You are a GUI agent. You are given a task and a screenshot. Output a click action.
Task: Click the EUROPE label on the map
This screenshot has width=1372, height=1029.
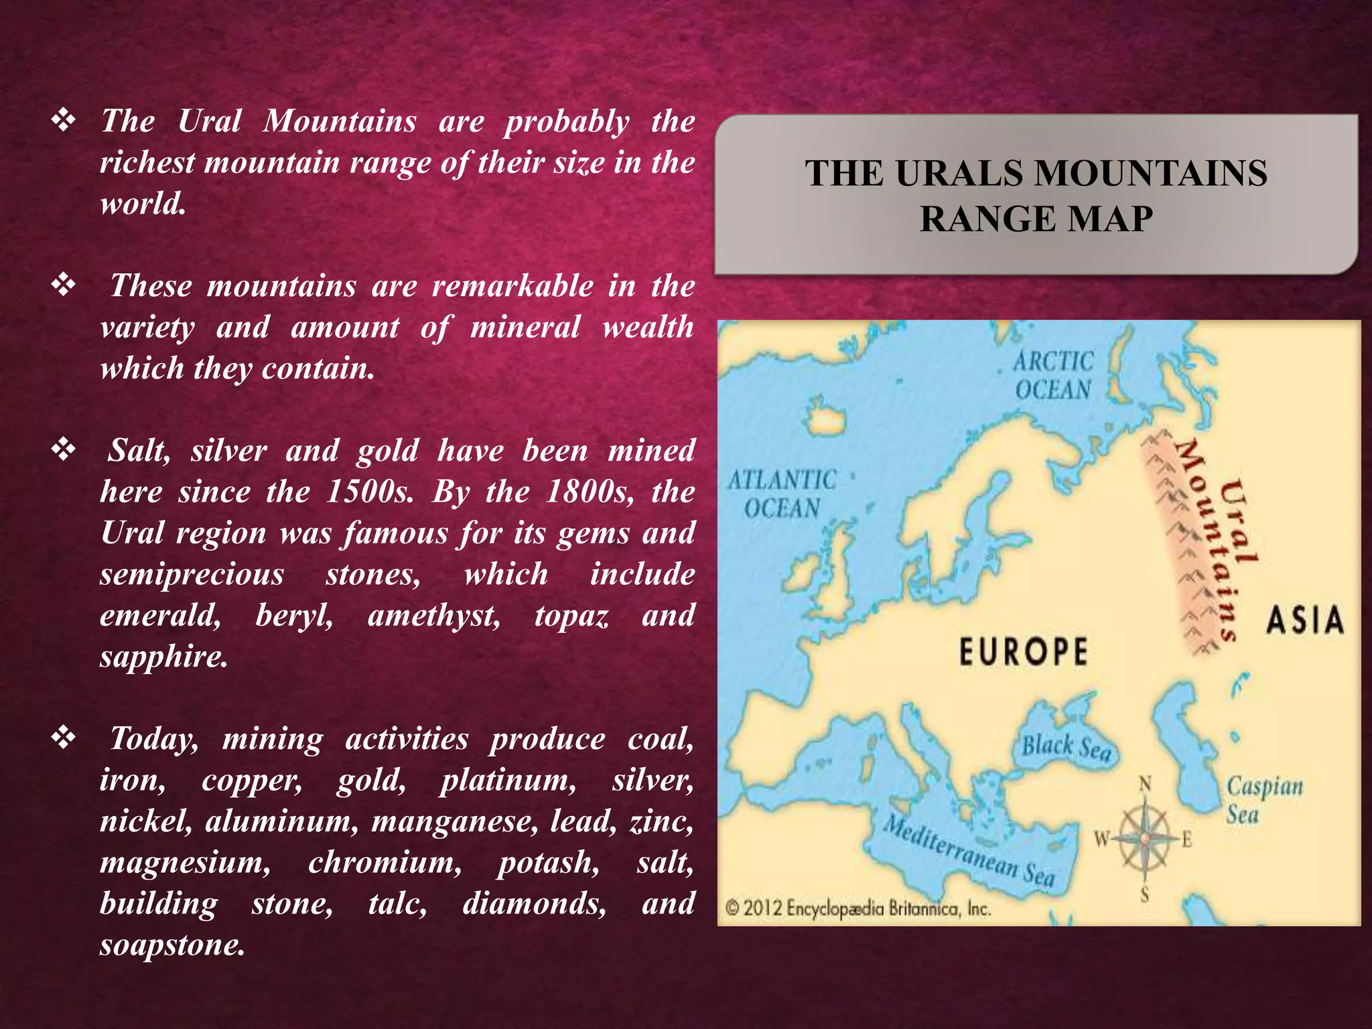point(1023,652)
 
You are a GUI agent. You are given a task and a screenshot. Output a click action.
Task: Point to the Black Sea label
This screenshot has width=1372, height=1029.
point(1066,747)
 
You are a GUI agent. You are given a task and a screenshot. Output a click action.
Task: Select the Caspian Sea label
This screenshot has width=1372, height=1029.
point(1264,800)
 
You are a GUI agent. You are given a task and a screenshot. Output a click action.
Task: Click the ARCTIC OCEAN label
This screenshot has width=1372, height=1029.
point(1053,376)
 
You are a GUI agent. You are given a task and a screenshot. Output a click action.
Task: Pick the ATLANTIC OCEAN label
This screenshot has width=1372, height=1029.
point(782,494)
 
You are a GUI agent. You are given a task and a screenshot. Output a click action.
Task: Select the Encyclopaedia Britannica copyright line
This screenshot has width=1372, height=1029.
point(858,909)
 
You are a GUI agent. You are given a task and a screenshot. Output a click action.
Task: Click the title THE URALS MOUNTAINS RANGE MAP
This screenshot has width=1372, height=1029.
point(1036,196)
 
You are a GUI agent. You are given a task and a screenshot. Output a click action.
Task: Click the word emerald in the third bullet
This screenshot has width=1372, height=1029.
point(160,615)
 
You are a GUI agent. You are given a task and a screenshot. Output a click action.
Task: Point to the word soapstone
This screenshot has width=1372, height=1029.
point(171,945)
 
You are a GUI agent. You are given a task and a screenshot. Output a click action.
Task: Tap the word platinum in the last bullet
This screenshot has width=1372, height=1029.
point(508,780)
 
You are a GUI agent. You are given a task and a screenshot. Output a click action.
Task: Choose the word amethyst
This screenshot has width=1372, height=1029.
point(433,615)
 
